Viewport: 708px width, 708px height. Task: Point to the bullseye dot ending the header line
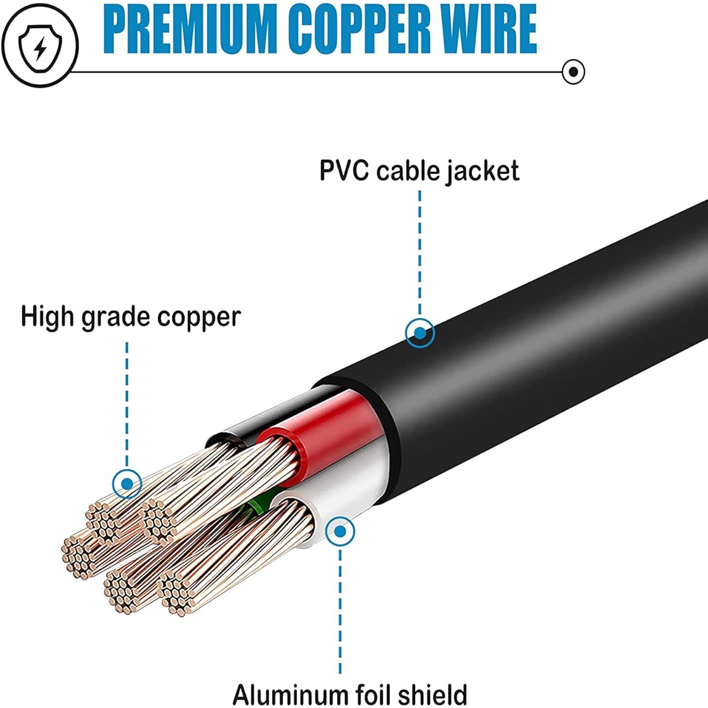pos(573,72)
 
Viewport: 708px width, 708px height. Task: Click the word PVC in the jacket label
pos(344,171)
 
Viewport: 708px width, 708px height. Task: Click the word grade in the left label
pos(115,318)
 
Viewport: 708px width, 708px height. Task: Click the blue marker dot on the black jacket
pos(420,333)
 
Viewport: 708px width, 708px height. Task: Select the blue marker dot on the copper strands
pos(127,484)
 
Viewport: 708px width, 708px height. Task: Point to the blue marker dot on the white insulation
pos(340,531)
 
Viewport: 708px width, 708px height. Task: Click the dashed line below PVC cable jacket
pos(420,254)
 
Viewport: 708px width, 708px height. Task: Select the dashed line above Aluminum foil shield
pos(340,614)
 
